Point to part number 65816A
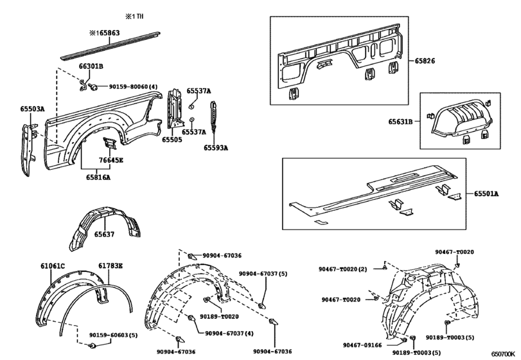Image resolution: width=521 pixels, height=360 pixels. [x=98, y=176]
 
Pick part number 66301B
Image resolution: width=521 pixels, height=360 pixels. [x=91, y=66]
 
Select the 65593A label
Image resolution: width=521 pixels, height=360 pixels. [x=216, y=148]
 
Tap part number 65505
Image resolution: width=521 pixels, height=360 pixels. [x=172, y=139]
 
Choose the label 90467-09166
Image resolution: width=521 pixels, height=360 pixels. [x=361, y=346]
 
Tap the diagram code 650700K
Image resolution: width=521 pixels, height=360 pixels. [x=504, y=353]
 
